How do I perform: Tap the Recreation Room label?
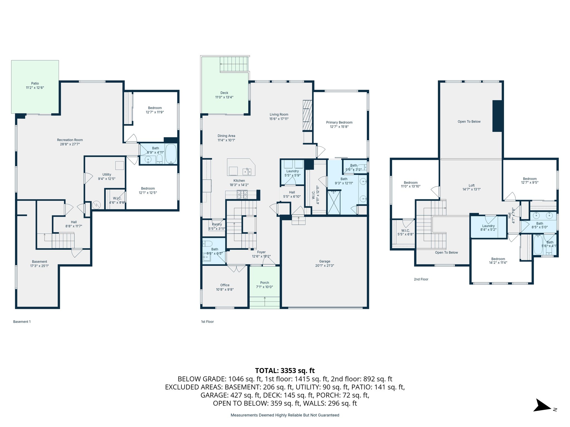coord(70,140)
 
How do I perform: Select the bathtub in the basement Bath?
coord(171,153)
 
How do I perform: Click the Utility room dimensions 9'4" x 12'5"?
coord(107,179)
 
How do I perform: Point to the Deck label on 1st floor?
coord(224,93)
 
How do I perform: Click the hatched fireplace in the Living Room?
coord(307,115)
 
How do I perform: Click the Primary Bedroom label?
coord(339,122)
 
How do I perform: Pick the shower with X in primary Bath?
coord(334,202)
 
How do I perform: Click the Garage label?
coord(325,261)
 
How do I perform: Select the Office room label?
coord(225,285)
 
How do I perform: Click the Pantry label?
coord(217,224)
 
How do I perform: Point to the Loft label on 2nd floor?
coord(471,185)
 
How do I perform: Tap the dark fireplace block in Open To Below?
coord(497,116)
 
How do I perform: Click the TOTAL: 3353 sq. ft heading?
coord(285,371)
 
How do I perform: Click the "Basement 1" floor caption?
coord(22,322)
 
